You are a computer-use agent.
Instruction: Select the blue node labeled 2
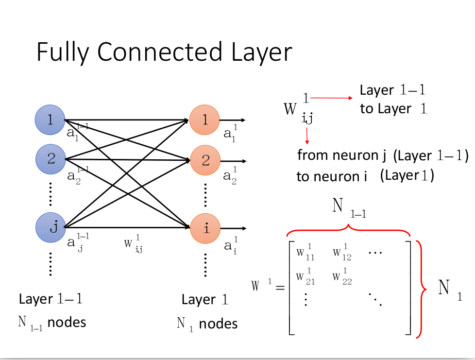51,158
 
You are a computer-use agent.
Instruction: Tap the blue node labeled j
51,227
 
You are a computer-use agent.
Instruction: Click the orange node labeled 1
205,120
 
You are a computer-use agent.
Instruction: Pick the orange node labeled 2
205,160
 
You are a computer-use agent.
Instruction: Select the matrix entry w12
342,253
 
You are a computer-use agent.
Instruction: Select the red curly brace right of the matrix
421,289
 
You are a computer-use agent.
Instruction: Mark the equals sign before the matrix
279,288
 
